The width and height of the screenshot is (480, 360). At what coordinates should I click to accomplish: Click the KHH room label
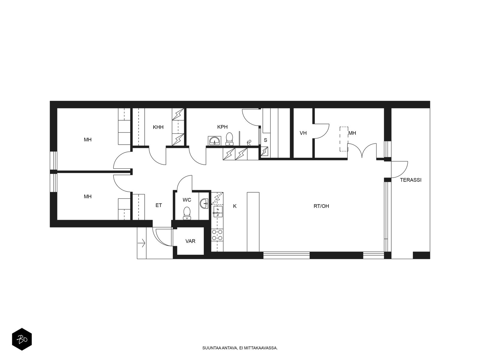click(x=158, y=127)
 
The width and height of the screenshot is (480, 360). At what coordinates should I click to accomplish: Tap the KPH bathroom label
click(x=222, y=127)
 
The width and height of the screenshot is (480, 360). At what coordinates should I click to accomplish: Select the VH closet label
click(x=303, y=133)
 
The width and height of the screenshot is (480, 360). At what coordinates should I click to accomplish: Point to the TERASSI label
click(x=410, y=180)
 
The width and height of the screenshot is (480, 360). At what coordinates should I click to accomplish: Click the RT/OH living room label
click(x=321, y=206)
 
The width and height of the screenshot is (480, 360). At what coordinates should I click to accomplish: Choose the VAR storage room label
click(x=190, y=241)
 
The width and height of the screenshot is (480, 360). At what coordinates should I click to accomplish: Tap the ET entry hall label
click(x=158, y=205)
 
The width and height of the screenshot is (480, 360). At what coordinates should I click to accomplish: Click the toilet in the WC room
click(x=187, y=213)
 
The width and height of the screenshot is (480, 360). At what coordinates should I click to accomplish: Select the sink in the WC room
click(x=204, y=204)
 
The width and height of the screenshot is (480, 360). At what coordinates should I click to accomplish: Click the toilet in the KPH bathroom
click(x=229, y=139)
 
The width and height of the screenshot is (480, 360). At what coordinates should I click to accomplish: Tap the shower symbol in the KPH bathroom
click(x=249, y=143)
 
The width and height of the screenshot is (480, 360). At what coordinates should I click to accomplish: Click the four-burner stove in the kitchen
click(x=217, y=235)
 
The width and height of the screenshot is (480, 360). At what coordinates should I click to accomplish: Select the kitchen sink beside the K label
click(x=218, y=211)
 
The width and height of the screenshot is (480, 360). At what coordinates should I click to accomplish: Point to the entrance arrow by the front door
click(x=142, y=243)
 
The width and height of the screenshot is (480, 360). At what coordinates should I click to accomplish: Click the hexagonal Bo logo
click(x=22, y=339)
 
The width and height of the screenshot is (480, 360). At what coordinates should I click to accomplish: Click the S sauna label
click(x=265, y=140)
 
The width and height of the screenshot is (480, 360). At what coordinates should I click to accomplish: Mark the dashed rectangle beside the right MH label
click(x=343, y=139)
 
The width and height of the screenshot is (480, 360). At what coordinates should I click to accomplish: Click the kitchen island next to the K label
click(x=253, y=222)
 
